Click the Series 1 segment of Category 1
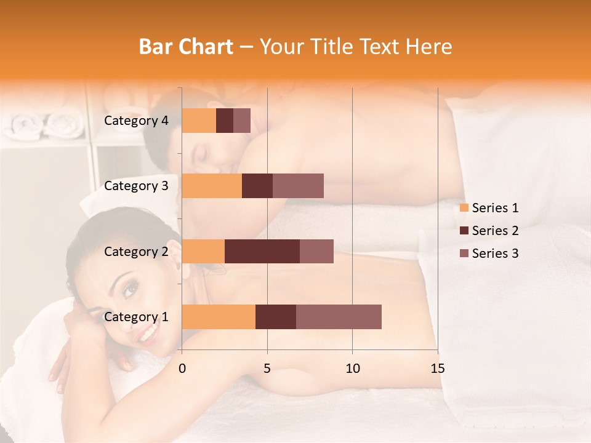point(219,316)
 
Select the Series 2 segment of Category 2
point(262,251)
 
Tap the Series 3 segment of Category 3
point(298,186)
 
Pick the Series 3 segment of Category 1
point(339,316)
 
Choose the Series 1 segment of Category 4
point(199,121)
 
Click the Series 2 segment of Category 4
point(225,121)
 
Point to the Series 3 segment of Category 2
point(316,251)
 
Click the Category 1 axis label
point(136,317)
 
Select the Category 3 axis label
point(136,186)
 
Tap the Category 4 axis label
point(136,121)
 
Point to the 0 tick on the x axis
point(182,369)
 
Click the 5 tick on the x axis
point(267,369)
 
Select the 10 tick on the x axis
point(352,369)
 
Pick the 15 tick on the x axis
point(437,369)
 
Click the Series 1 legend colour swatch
point(464,208)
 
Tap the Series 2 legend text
point(495,231)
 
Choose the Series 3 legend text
point(495,253)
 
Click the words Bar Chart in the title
point(185,47)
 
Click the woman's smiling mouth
point(148,335)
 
